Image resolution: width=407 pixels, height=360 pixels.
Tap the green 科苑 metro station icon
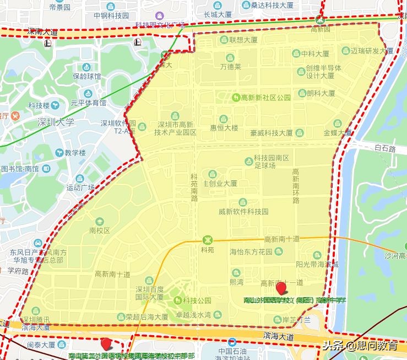coord(208,240)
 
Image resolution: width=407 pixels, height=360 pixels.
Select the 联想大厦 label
coord(243,40)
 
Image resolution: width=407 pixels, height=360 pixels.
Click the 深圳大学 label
coord(56,122)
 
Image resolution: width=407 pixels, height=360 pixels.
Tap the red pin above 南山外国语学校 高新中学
coord(281,287)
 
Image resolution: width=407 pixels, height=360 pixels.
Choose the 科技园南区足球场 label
coord(272,162)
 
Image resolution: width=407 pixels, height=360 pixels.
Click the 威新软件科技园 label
coord(243,211)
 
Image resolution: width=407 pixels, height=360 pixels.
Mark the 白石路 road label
coord(385,149)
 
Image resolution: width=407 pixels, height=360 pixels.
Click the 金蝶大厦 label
coord(337,133)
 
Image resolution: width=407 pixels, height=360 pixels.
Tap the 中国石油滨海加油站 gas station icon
coord(232,342)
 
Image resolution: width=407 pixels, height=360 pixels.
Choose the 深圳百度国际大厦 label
coord(149,293)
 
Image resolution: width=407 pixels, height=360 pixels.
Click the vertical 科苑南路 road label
coord(194,186)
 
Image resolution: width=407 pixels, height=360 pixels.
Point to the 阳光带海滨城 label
coord(317,264)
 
